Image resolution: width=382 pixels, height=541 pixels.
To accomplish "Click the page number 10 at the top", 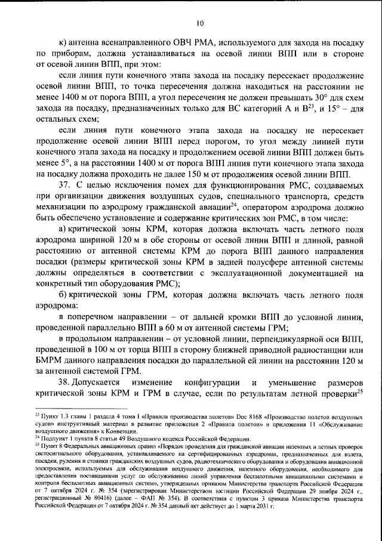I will pyautogui.click(x=199, y=23).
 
